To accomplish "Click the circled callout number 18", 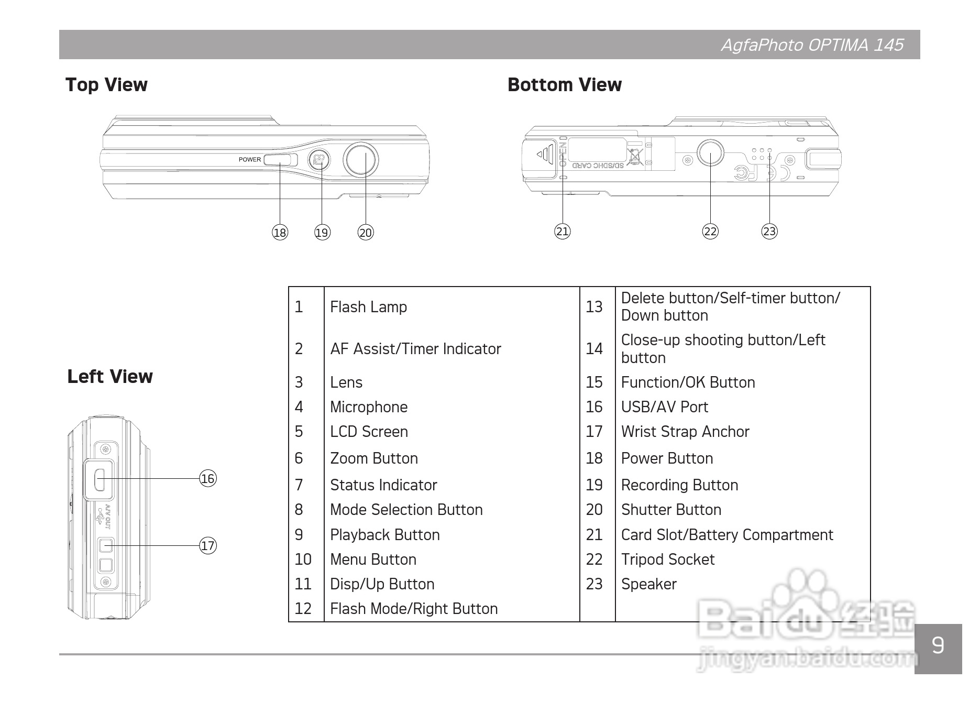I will (280, 233).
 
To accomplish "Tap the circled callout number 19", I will (322, 233).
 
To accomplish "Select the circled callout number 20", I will (366, 233).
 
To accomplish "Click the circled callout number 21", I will (563, 231).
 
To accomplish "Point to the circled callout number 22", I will (710, 231).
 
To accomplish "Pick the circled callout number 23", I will (769, 231).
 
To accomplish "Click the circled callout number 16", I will (208, 478).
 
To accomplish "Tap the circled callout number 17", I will (208, 545).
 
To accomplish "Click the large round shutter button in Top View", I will (361, 159).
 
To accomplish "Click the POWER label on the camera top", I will (250, 160).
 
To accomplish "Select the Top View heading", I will (106, 85).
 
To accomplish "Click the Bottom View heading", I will (565, 85).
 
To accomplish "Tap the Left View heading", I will (110, 377).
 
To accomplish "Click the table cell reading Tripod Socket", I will (667, 560).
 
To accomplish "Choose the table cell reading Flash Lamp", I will (368, 307).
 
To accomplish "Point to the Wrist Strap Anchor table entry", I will (685, 432).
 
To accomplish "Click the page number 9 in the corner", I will (938, 645).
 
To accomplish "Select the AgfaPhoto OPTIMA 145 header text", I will (812, 45).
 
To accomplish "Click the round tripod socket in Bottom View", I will (710, 152).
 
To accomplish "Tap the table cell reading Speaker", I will (648, 584).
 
